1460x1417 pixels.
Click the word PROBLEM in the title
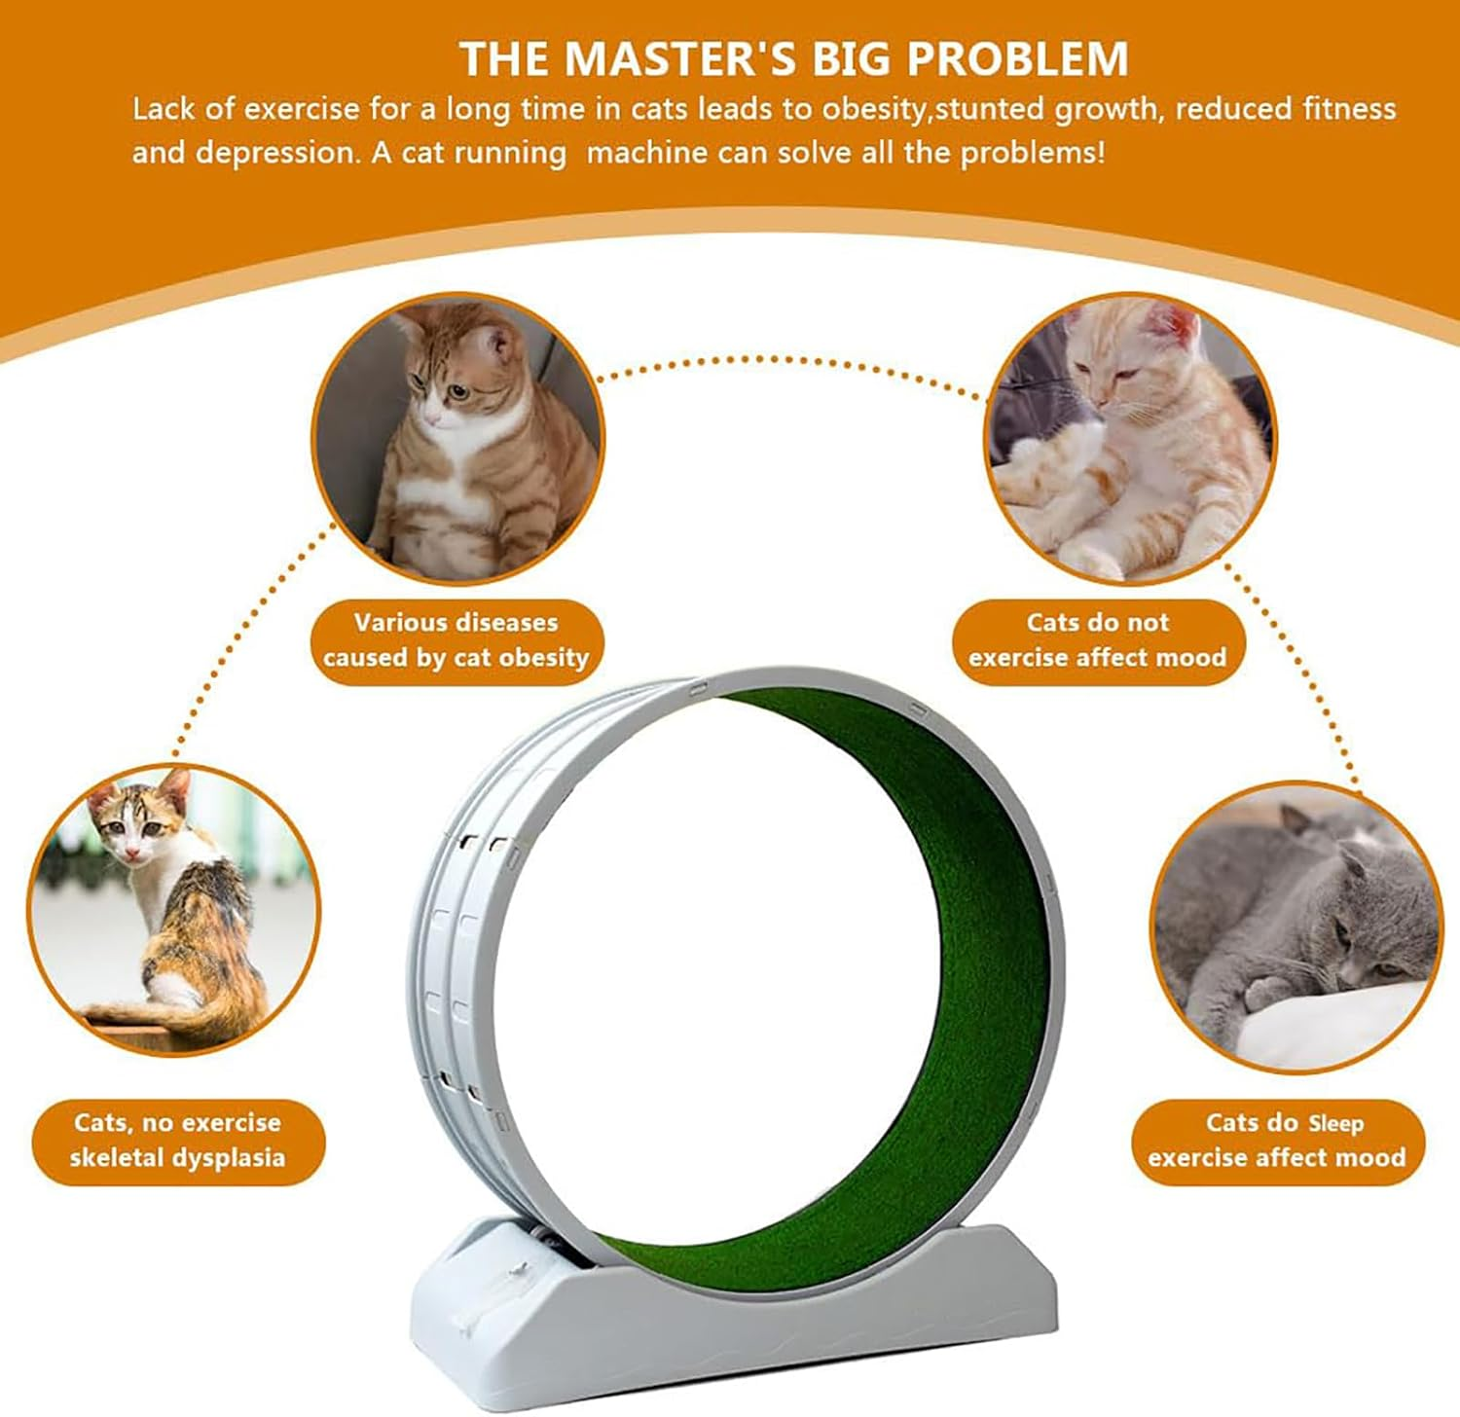(1017, 58)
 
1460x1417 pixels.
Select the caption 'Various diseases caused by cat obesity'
(456, 640)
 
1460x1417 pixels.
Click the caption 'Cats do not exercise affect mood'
(1098, 640)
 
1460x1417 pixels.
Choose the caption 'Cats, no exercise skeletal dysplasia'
(177, 1141)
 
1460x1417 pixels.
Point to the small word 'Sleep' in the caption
(1335, 1124)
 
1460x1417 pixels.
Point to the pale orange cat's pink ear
(1181, 327)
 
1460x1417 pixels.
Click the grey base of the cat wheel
(735, 1304)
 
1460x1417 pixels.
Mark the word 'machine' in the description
(646, 153)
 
